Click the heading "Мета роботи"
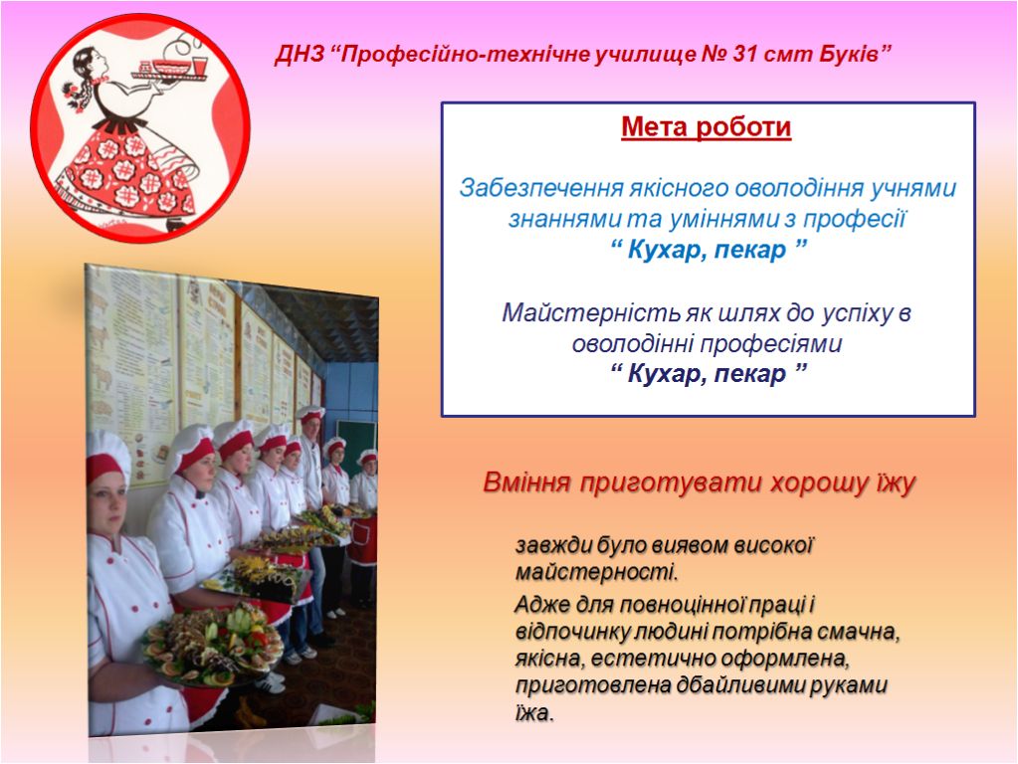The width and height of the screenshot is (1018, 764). pos(707,126)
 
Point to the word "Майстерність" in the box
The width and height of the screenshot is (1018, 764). pos(591,313)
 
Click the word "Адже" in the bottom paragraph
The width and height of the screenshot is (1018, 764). pos(541,604)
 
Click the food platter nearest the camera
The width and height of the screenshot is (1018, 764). pos(213,645)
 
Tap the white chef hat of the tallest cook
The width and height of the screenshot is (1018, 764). pos(311,413)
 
